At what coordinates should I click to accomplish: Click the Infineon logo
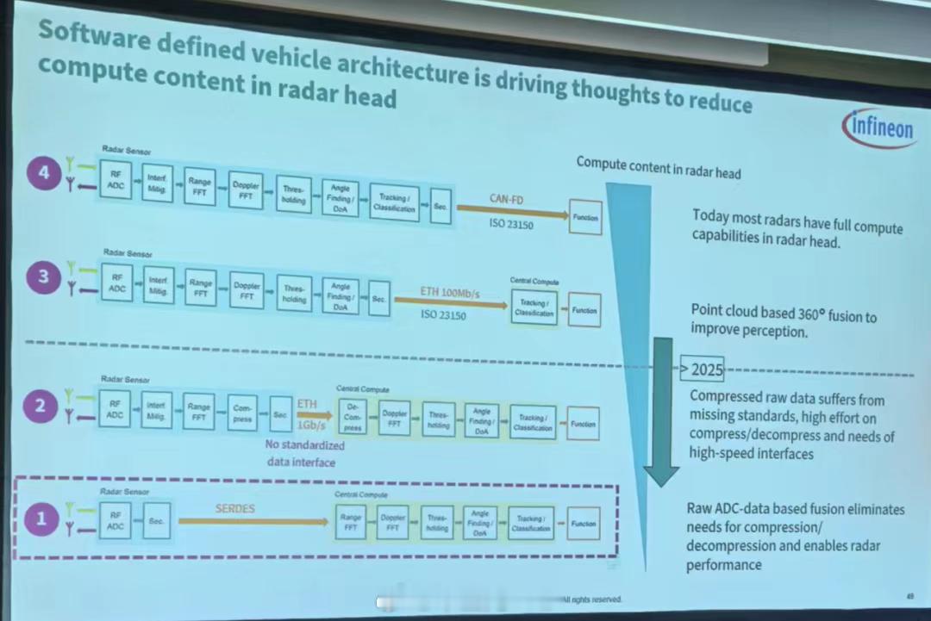(878, 127)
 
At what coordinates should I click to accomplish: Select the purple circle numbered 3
(42, 277)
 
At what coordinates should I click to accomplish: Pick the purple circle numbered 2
(40, 404)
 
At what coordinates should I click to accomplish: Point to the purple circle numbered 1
(41, 518)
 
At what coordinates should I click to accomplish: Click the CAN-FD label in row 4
(508, 199)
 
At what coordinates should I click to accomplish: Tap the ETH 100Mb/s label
(449, 294)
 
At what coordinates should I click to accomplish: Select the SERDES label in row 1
(235, 509)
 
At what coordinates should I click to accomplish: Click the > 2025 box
(703, 369)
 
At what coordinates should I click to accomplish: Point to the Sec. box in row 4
(441, 207)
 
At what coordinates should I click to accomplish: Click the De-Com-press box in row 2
(353, 415)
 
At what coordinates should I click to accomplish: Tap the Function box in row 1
(584, 524)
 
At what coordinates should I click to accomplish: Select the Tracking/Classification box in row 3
(534, 307)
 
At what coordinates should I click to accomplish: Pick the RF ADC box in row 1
(116, 519)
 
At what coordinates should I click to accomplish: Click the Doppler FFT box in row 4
(247, 190)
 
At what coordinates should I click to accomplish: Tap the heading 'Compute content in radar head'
(658, 167)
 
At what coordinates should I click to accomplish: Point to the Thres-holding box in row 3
(295, 294)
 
